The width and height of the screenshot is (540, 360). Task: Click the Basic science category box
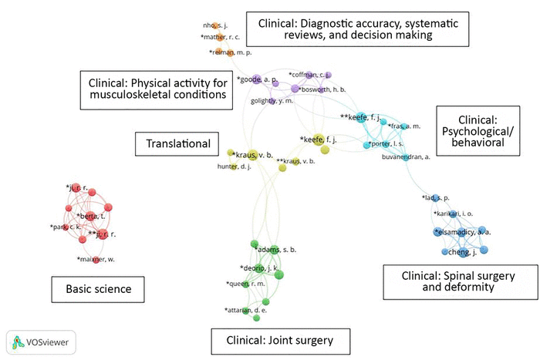pyautogui.click(x=98, y=291)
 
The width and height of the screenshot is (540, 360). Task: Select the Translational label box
pyautogui.click(x=174, y=143)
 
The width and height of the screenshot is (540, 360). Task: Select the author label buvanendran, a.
pyautogui.click(x=405, y=156)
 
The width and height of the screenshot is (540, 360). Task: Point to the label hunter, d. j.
pyautogui.click(x=222, y=167)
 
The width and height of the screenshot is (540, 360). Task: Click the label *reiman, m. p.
pyautogui.click(x=237, y=52)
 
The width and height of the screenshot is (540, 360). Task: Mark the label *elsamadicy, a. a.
pyautogui.click(x=462, y=230)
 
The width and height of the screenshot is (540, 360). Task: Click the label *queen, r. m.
pyautogui.click(x=246, y=284)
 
